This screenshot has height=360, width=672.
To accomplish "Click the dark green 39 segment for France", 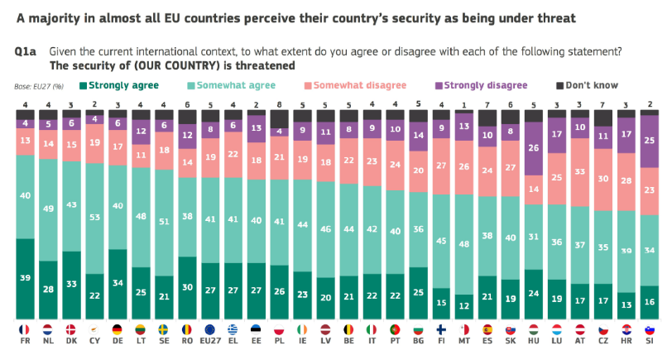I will (x=26, y=278).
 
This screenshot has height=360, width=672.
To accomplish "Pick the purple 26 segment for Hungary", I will (x=533, y=148).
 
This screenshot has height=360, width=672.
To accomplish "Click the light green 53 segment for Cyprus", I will (x=96, y=218).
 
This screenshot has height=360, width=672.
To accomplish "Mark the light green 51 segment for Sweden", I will (x=166, y=222).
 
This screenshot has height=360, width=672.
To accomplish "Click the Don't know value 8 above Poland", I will (x=281, y=105).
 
